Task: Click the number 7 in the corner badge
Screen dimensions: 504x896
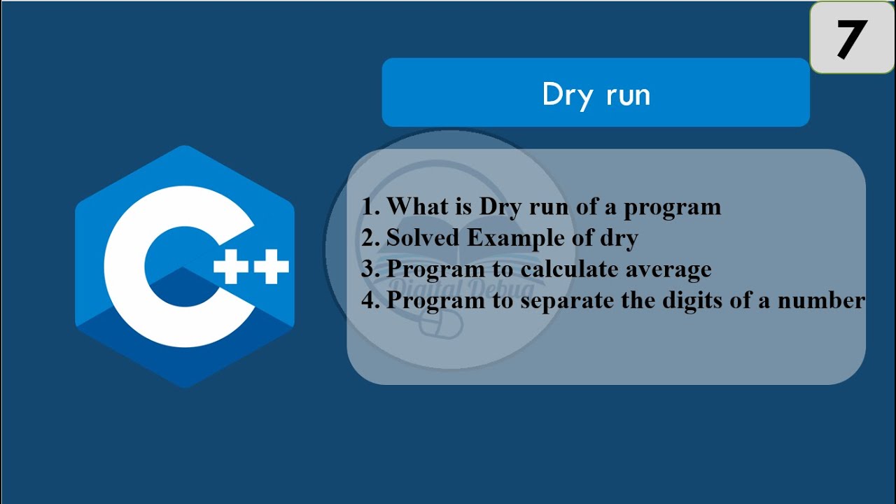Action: tap(851, 38)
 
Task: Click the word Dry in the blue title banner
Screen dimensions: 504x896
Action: tap(567, 94)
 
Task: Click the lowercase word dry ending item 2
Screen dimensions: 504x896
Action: tap(618, 238)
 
